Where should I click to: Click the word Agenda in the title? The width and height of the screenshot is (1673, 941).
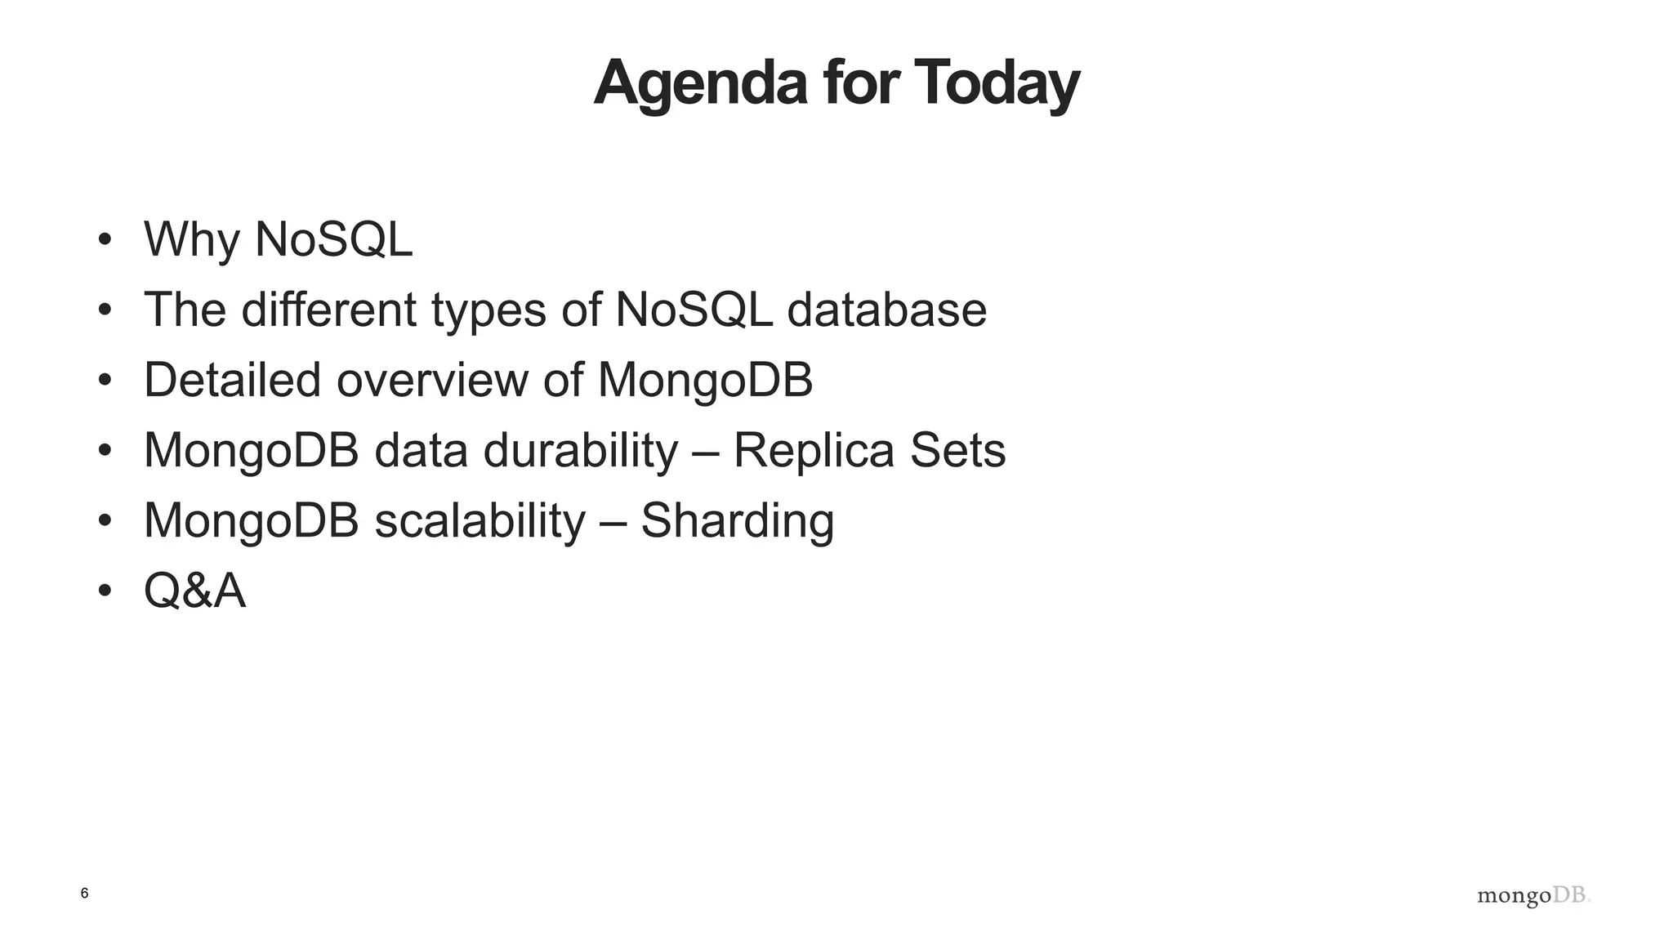700,84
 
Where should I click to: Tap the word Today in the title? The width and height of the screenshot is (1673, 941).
996,84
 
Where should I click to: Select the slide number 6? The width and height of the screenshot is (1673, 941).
84,894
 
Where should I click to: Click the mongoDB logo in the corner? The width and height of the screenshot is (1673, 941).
1533,896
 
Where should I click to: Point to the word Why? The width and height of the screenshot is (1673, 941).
191,240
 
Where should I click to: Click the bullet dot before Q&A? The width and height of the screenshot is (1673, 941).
104,591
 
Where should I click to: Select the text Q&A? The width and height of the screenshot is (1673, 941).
194,591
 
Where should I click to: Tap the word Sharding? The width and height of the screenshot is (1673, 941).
737,520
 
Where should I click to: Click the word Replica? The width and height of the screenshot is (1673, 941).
814,450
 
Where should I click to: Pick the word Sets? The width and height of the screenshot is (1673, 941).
957,450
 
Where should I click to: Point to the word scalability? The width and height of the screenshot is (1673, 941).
480,520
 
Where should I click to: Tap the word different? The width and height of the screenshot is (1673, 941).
328,310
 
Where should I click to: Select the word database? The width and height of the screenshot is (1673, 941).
886,310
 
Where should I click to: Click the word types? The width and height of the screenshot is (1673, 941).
489,311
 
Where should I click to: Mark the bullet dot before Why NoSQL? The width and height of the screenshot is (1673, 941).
104,240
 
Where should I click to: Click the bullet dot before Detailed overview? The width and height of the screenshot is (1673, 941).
104,380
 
